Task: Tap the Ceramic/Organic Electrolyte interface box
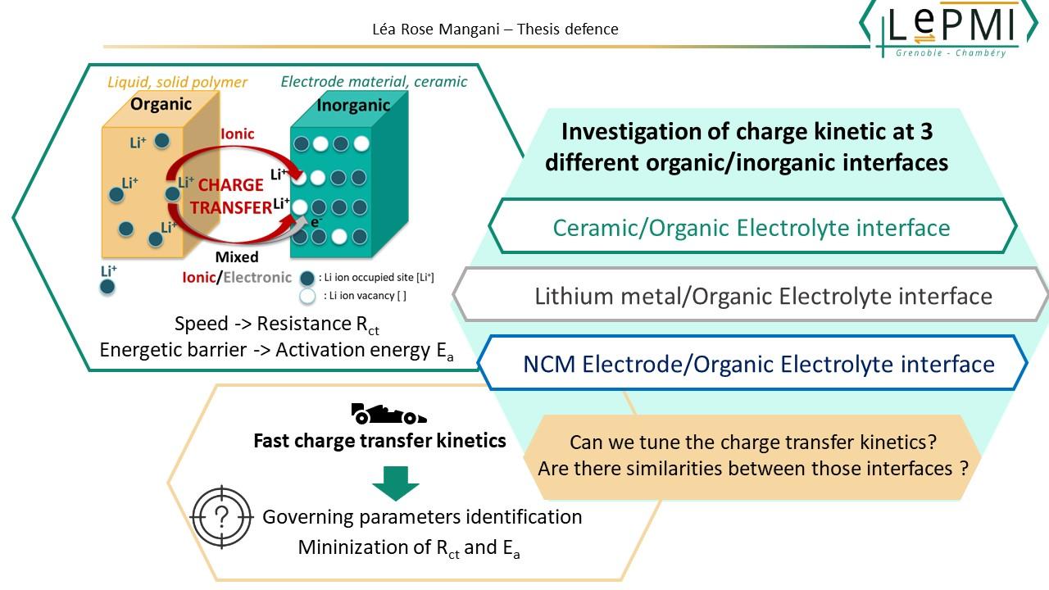752,227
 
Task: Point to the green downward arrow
395,483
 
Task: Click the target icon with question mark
220,517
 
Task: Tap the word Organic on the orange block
161,103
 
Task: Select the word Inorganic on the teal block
353,107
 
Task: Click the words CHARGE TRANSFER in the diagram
231,196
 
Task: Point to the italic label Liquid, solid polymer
177,82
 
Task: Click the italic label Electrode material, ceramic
374,81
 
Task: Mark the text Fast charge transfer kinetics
379,441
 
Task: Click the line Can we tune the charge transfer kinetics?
752,442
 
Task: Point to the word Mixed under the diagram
236,257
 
